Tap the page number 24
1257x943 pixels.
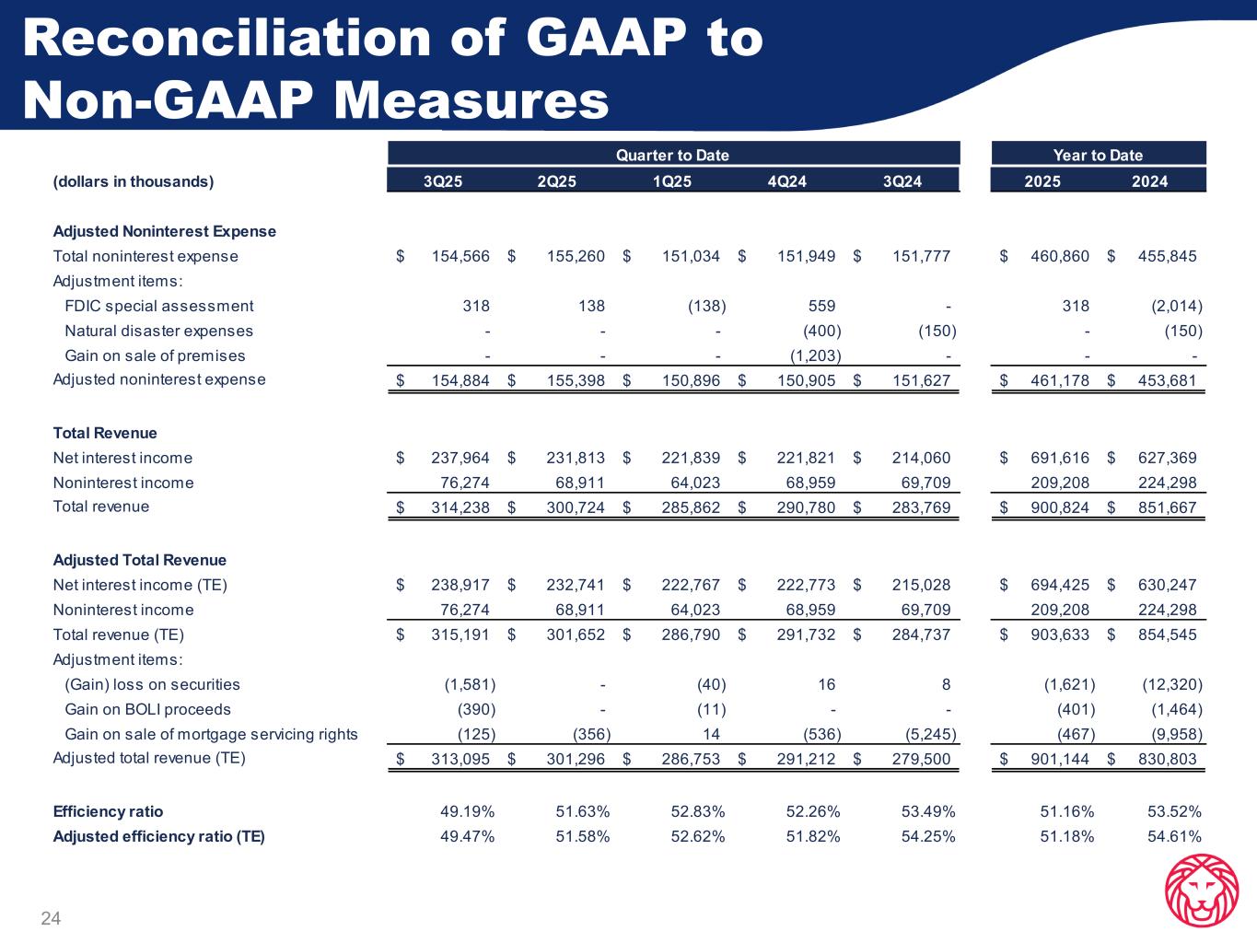pyautogui.click(x=51, y=917)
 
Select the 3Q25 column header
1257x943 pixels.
pyautogui.click(x=443, y=181)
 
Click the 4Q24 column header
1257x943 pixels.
pyautogui.click(x=786, y=181)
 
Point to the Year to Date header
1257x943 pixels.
pyautogui.click(x=1098, y=155)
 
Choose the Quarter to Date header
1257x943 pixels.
pyautogui.click(x=672, y=155)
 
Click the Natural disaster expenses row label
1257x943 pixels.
pyautogui.click(x=158, y=331)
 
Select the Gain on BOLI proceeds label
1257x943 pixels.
pyautogui.click(x=147, y=709)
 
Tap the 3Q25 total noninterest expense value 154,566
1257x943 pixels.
pyautogui.click(x=460, y=256)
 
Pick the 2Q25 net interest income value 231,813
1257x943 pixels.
pyautogui.click(x=576, y=458)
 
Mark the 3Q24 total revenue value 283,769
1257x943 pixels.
pyautogui.click(x=921, y=507)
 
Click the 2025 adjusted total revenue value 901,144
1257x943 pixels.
pyautogui.click(x=1060, y=760)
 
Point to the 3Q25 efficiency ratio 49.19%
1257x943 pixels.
pyautogui.click(x=468, y=811)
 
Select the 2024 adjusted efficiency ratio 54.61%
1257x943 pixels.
pyautogui.click(x=1174, y=836)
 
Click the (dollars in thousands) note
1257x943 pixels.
pyautogui.click(x=134, y=181)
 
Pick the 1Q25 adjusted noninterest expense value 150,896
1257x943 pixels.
pyautogui.click(x=691, y=380)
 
